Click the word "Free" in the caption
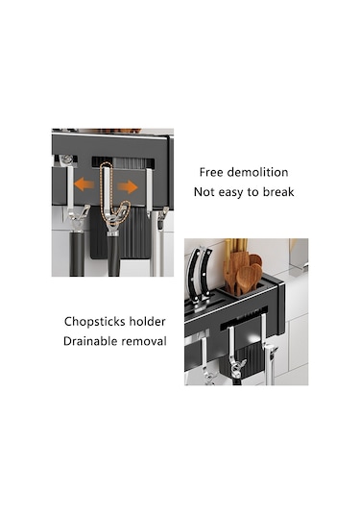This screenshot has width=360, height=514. click(211, 172)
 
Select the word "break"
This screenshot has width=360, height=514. click(278, 192)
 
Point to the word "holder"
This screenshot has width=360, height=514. click(148, 322)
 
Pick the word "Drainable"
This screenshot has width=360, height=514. click(90, 341)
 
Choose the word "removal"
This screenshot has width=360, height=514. click(144, 341)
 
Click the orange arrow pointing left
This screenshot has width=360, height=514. click(84, 184)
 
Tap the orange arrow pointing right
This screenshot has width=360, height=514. click(128, 186)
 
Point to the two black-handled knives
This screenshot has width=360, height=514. click(199, 276)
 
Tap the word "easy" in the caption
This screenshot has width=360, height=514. click(231, 192)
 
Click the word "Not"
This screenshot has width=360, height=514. click(204, 192)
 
